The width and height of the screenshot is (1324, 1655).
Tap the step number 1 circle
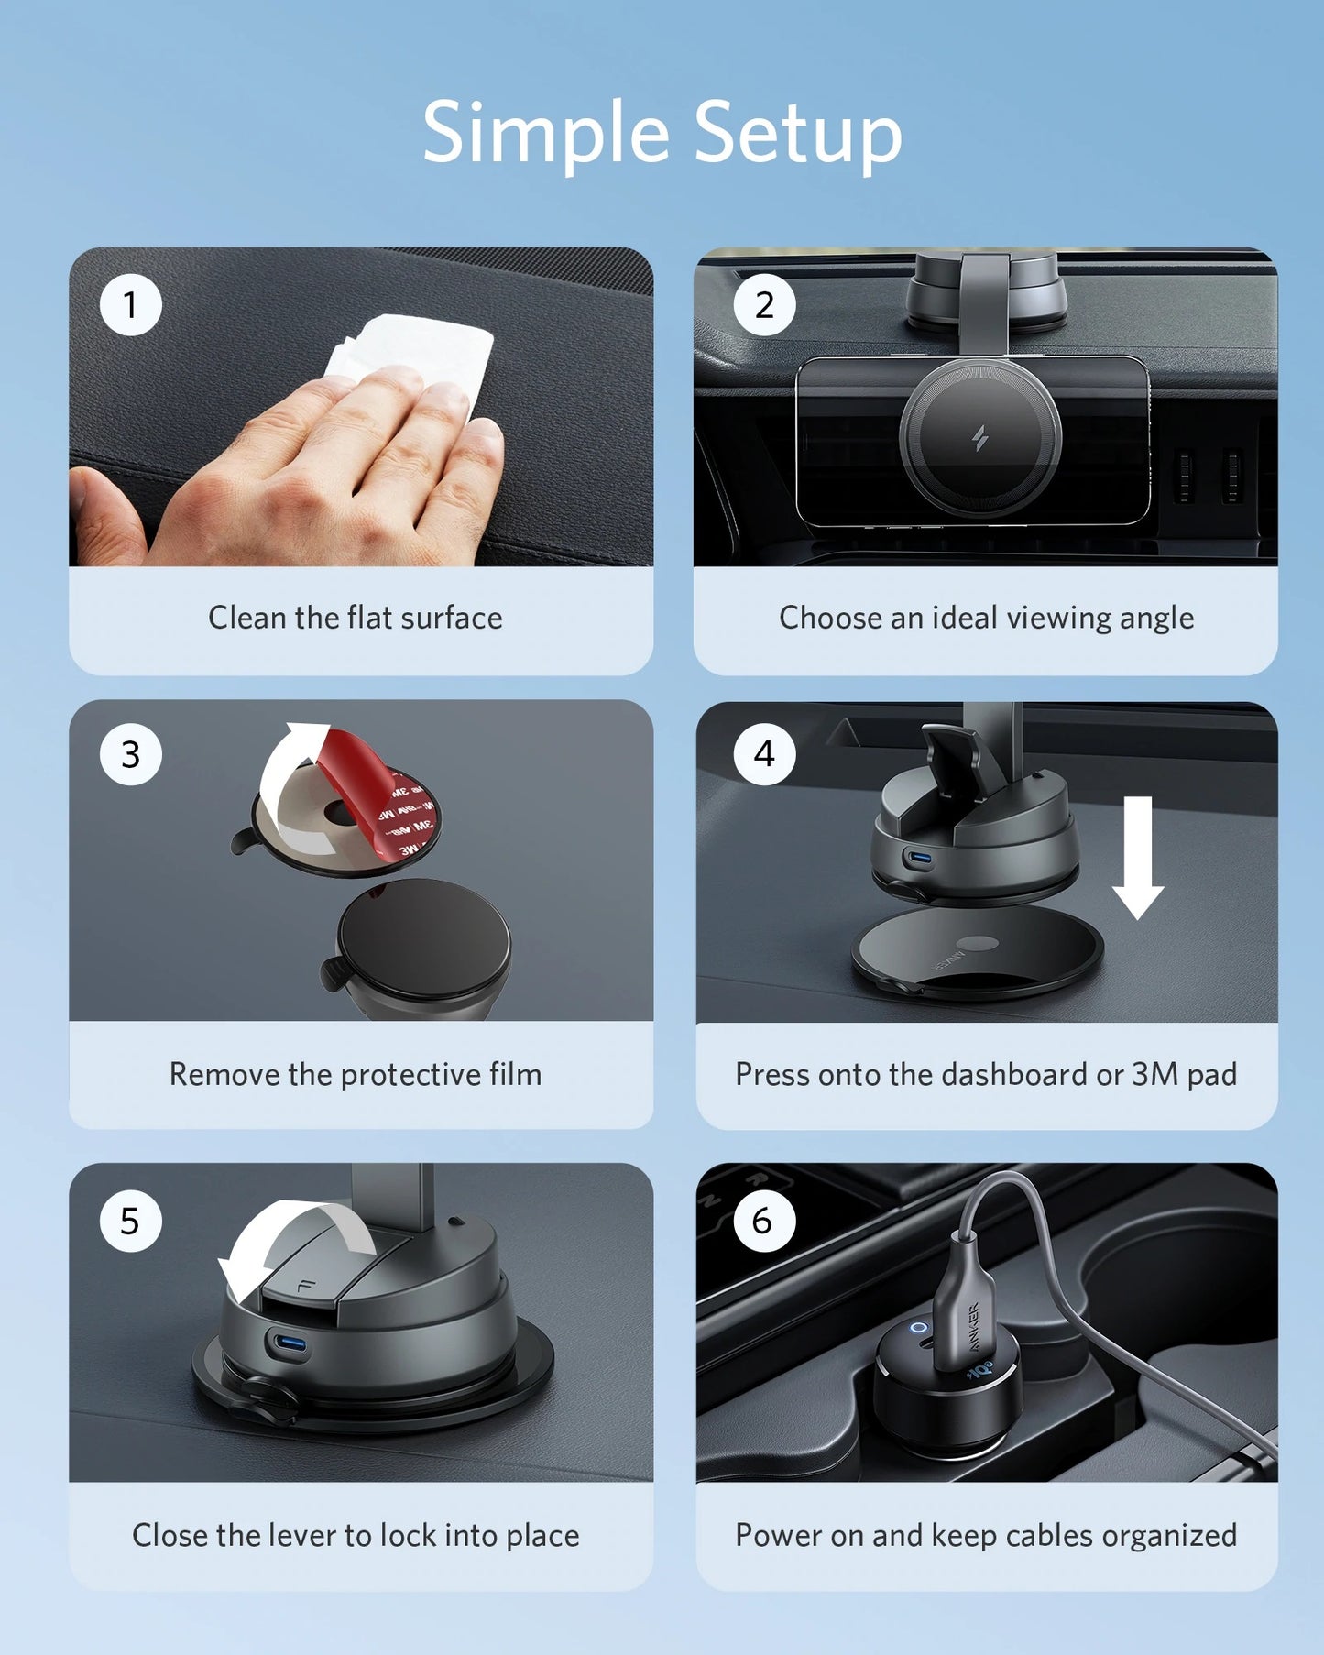point(130,305)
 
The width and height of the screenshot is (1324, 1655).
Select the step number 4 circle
point(764,754)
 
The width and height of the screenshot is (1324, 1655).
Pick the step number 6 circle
point(762,1221)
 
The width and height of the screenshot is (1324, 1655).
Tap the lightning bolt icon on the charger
point(979,439)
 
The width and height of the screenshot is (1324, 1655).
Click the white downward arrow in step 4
point(1137,857)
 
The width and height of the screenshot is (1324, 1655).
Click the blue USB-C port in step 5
point(290,1344)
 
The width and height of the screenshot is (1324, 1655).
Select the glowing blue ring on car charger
point(918,1327)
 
